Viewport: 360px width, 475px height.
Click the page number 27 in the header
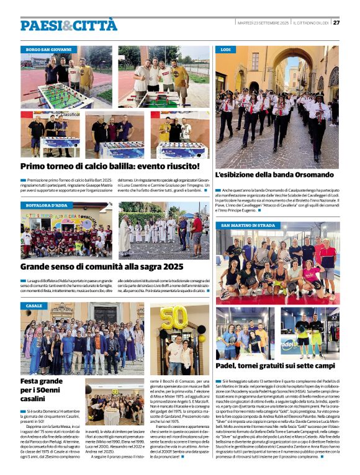[x=336, y=23]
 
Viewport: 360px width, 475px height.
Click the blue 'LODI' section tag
[x=225, y=49]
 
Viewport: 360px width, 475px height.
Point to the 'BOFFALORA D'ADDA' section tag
[x=47, y=205]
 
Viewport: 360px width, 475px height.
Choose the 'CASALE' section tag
[x=34, y=306]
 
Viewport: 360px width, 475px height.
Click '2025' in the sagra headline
[x=168, y=267]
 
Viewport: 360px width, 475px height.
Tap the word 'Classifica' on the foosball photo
[x=70, y=115]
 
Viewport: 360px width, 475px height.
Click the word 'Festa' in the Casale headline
[x=33, y=381]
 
